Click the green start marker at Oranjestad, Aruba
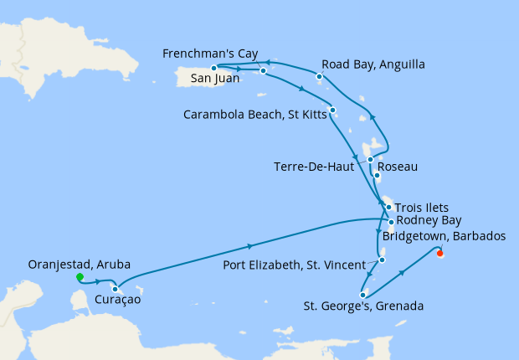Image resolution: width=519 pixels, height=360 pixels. click(x=80, y=277)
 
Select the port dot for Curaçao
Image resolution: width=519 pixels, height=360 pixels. click(x=115, y=290)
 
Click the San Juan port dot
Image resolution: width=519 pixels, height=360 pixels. click(x=214, y=68)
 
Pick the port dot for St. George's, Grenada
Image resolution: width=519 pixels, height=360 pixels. click(x=362, y=294)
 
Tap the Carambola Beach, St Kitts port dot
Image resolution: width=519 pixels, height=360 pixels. click(x=332, y=110)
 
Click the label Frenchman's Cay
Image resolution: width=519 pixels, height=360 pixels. click(x=208, y=53)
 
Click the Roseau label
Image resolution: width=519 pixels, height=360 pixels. click(x=398, y=167)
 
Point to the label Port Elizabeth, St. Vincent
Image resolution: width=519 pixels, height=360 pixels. click(x=295, y=266)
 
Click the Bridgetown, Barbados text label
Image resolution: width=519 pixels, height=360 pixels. click(x=444, y=237)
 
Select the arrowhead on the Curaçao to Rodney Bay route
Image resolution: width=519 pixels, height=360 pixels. click(x=250, y=246)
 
